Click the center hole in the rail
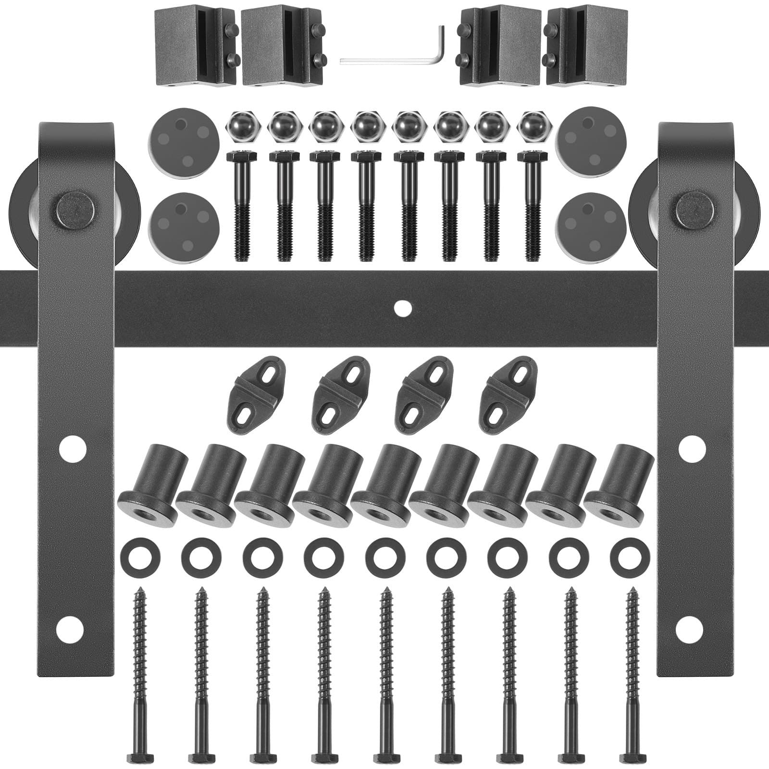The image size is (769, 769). click(399, 307)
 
